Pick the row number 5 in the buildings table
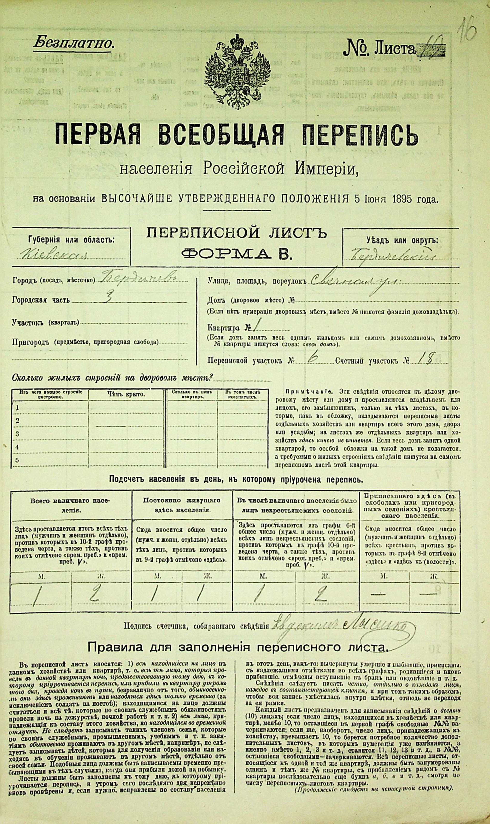click(17, 460)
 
